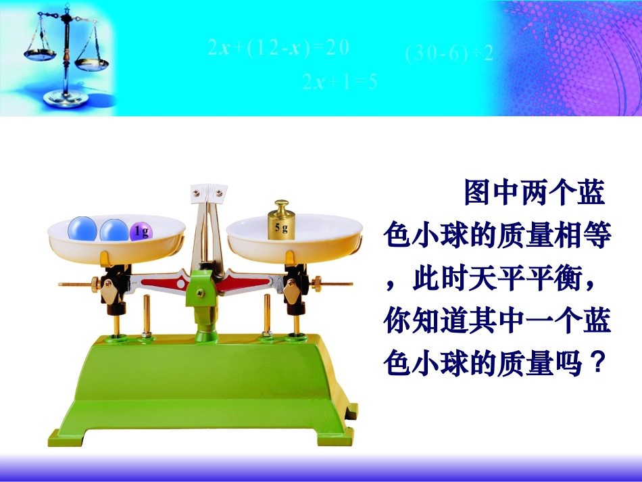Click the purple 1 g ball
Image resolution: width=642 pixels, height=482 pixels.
(141, 232)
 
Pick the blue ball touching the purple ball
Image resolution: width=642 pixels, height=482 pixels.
(114, 230)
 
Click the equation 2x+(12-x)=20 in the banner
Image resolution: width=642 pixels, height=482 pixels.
(278, 47)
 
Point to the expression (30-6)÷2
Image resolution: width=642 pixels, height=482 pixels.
(449, 53)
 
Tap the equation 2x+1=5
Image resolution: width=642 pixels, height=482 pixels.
(339, 82)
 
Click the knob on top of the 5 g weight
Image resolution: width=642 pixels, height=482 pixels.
(281, 204)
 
